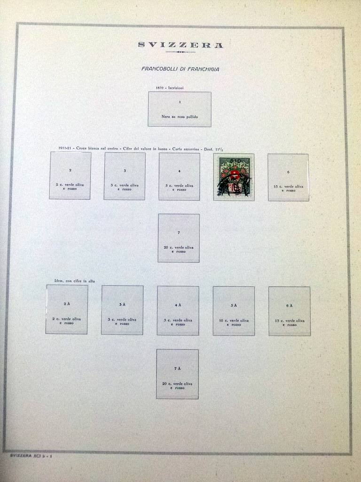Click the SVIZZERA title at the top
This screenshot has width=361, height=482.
[x=180, y=45]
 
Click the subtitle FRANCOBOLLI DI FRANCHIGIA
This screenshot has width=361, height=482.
[x=180, y=69]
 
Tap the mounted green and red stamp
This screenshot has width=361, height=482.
[x=234, y=177]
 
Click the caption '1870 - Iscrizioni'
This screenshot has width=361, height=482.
[x=170, y=88]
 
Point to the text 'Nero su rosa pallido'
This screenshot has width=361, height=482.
[x=180, y=116]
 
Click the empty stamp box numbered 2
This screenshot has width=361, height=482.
[x=70, y=175]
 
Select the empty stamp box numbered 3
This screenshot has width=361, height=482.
[x=125, y=176]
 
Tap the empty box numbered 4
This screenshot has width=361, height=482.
[x=179, y=176]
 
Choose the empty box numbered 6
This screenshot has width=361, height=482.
[x=288, y=177]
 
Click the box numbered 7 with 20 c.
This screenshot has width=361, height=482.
[x=179, y=238]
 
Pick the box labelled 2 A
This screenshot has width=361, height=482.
[x=67, y=309]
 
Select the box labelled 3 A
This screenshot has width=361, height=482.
[x=122, y=310]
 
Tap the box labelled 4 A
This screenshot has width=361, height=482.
[x=178, y=311]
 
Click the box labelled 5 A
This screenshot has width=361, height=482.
[x=234, y=311]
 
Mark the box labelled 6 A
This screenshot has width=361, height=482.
[x=289, y=311]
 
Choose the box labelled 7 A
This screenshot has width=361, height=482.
[x=177, y=374]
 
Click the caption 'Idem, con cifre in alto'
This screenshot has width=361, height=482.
[x=71, y=281]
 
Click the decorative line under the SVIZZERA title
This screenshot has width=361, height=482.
[x=180, y=52]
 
